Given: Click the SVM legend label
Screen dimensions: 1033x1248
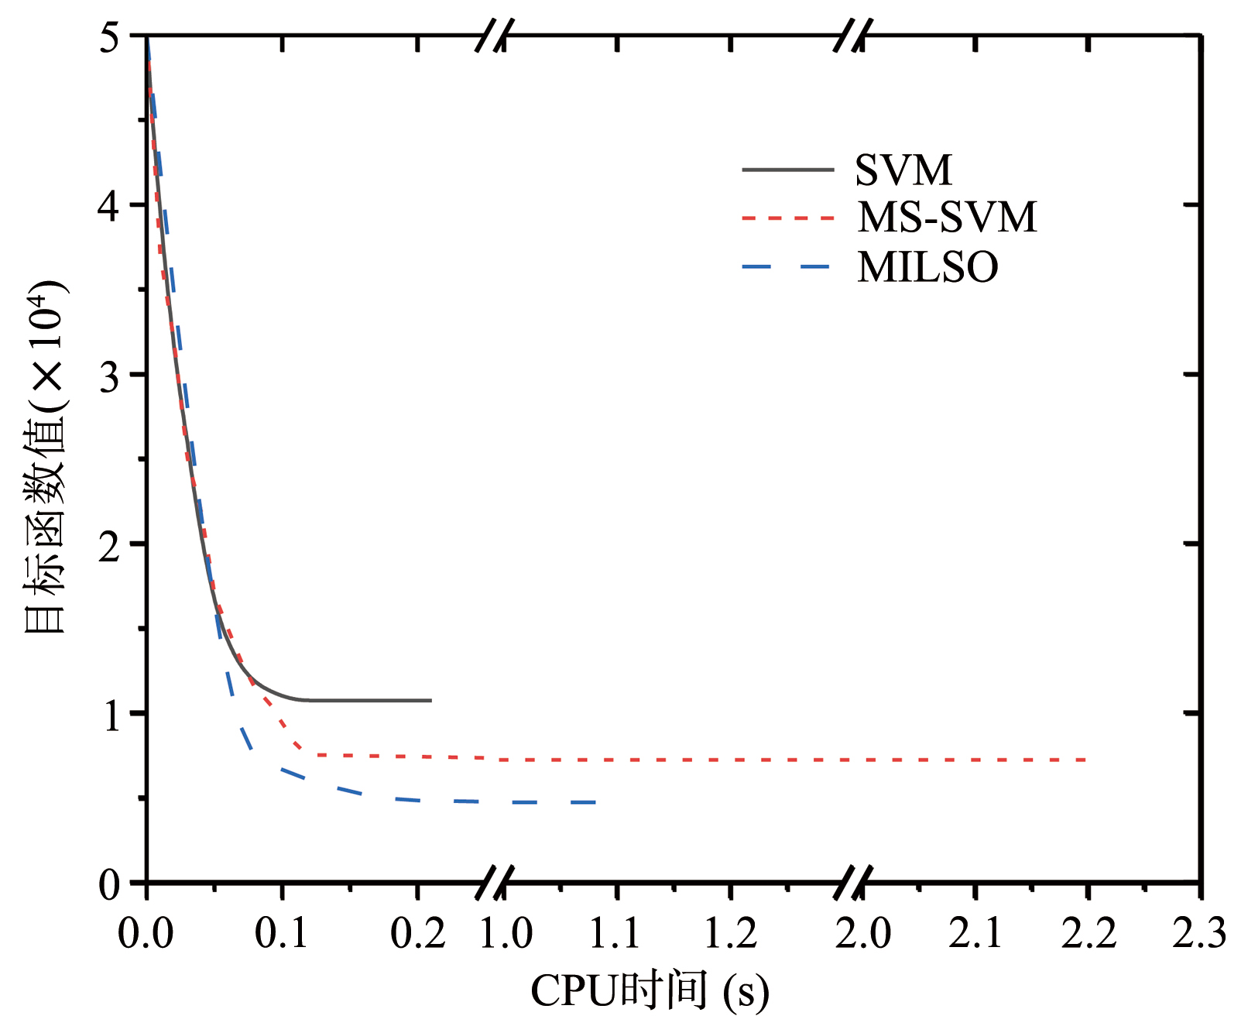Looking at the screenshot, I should (x=903, y=170).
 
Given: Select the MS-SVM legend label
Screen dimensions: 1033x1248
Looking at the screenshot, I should (x=946, y=218).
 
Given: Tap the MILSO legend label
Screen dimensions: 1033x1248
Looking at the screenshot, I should (x=927, y=267).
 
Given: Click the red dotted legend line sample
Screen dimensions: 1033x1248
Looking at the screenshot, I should (x=787, y=218).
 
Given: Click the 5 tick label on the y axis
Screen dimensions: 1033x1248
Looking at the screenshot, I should (x=110, y=37).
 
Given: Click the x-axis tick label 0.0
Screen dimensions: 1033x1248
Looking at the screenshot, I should (x=146, y=932).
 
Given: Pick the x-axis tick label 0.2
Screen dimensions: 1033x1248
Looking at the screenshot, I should (x=417, y=932).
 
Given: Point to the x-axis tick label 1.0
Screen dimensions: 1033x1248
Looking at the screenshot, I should (x=506, y=932).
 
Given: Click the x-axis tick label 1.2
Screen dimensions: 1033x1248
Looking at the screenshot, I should (x=730, y=932).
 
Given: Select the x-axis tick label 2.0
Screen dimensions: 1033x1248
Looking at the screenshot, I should (x=862, y=932).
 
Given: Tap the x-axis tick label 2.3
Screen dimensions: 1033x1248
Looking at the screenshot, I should (x=1199, y=932).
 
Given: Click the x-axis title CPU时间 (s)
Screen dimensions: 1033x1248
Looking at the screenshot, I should (x=650, y=992).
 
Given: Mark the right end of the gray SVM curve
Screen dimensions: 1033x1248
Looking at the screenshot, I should (x=430, y=701).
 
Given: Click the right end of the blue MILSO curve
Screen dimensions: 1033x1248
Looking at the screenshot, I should (x=596, y=802).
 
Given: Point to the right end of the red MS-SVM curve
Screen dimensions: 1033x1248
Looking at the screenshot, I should (x=1087, y=760).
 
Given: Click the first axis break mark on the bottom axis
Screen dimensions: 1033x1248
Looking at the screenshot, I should (x=495, y=883).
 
